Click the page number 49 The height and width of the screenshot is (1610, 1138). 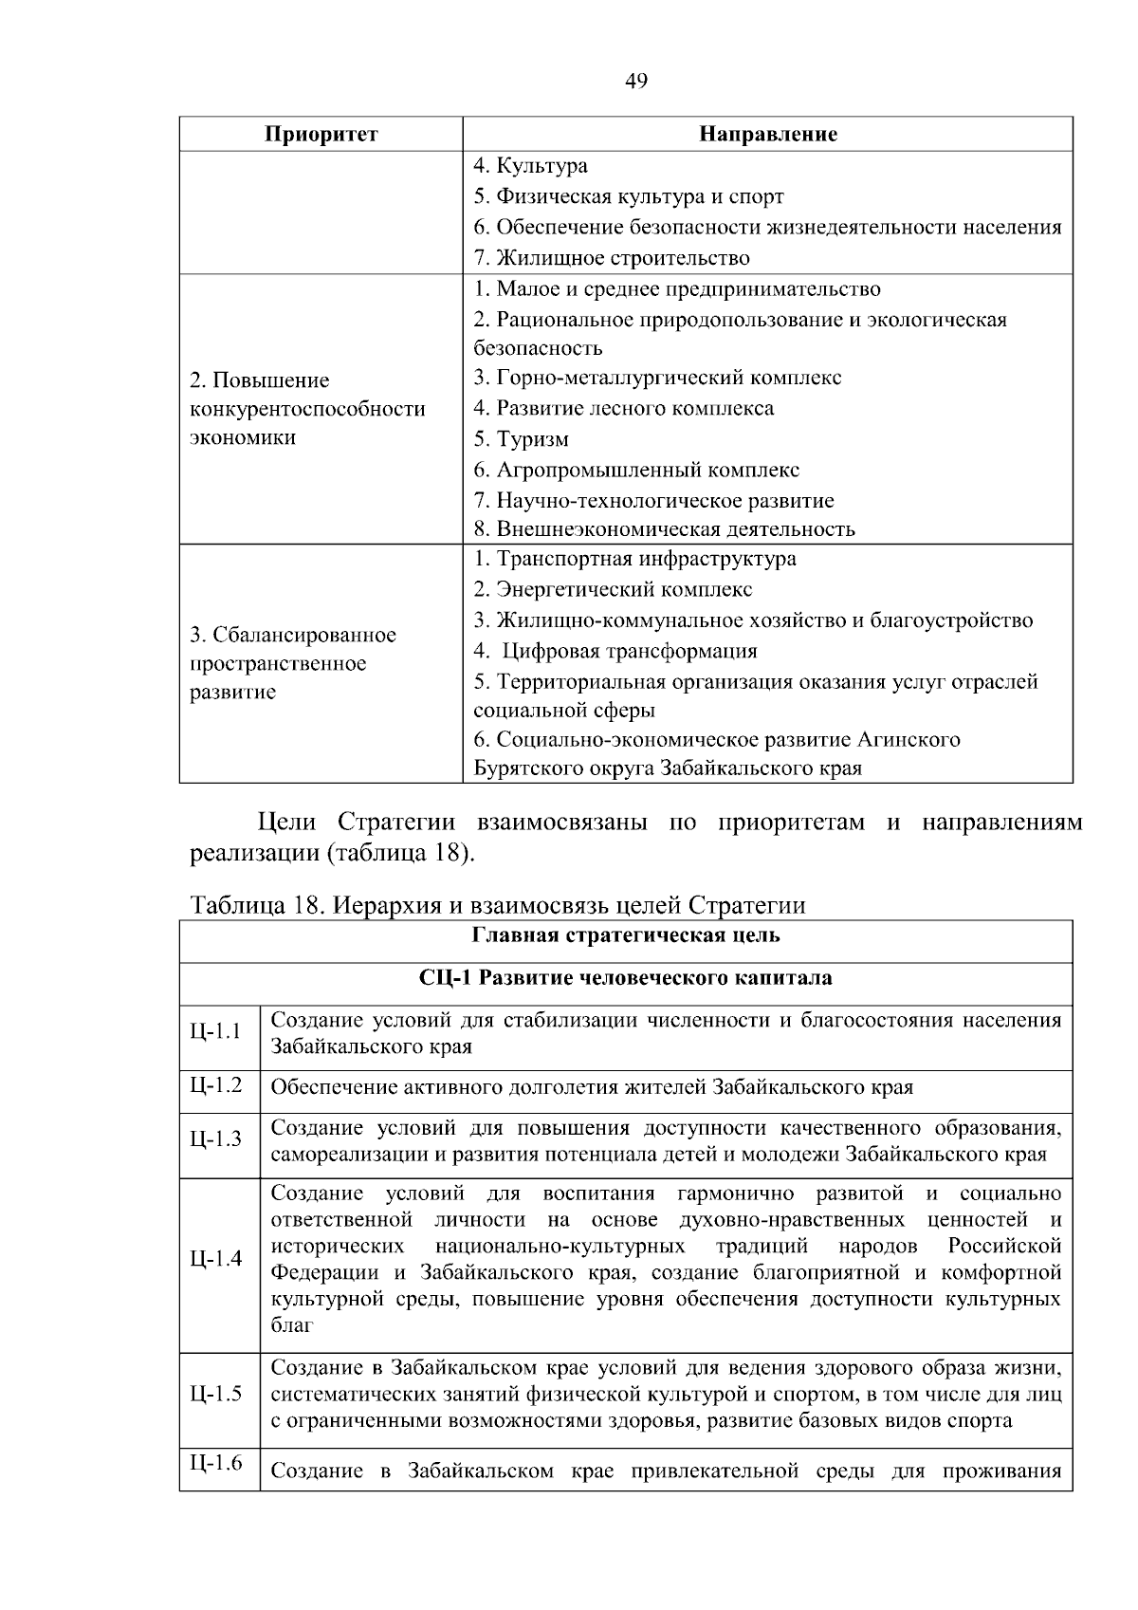[x=636, y=82]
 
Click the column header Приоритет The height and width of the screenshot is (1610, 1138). [x=321, y=134]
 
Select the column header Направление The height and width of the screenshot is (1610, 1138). [x=768, y=134]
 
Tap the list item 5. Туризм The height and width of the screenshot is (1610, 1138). [x=521, y=439]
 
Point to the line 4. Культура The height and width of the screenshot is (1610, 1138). [x=530, y=166]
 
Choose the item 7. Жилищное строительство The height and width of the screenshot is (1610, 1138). [x=611, y=258]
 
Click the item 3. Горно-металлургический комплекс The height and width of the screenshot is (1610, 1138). [x=657, y=378]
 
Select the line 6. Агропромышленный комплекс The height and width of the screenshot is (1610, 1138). [x=635, y=470]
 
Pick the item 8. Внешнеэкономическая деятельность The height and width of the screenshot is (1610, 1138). [x=664, y=529]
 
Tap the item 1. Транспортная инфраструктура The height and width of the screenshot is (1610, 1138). [x=634, y=559]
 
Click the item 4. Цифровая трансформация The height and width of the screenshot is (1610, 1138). [x=615, y=651]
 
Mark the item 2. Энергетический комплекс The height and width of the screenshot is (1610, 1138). [x=613, y=590]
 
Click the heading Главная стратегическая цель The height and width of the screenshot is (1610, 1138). [x=626, y=935]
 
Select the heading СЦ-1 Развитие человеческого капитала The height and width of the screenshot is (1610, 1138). [x=626, y=978]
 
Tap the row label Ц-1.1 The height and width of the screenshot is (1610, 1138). [x=216, y=1031]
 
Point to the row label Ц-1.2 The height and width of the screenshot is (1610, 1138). [x=216, y=1084]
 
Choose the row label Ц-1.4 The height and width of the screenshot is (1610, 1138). [x=216, y=1259]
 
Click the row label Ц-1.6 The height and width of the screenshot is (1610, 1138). [x=216, y=1463]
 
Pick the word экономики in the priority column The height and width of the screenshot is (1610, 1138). [x=243, y=438]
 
